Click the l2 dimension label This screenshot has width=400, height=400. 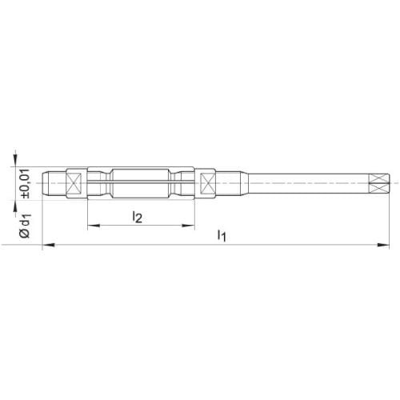pos(138,217)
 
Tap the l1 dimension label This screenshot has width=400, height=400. pos(222,235)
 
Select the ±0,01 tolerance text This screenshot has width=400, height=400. pos(26,183)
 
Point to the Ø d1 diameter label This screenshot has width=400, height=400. pos(26,226)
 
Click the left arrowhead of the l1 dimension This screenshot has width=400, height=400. pos(49,245)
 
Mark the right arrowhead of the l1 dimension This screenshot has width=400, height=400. pos(383,245)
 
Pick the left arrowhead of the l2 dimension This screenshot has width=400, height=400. pos(94,226)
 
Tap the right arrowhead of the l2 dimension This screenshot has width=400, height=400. pos(189,226)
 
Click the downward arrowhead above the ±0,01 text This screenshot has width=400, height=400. pos(16,160)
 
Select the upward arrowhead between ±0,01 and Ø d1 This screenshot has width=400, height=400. pos(16,207)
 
